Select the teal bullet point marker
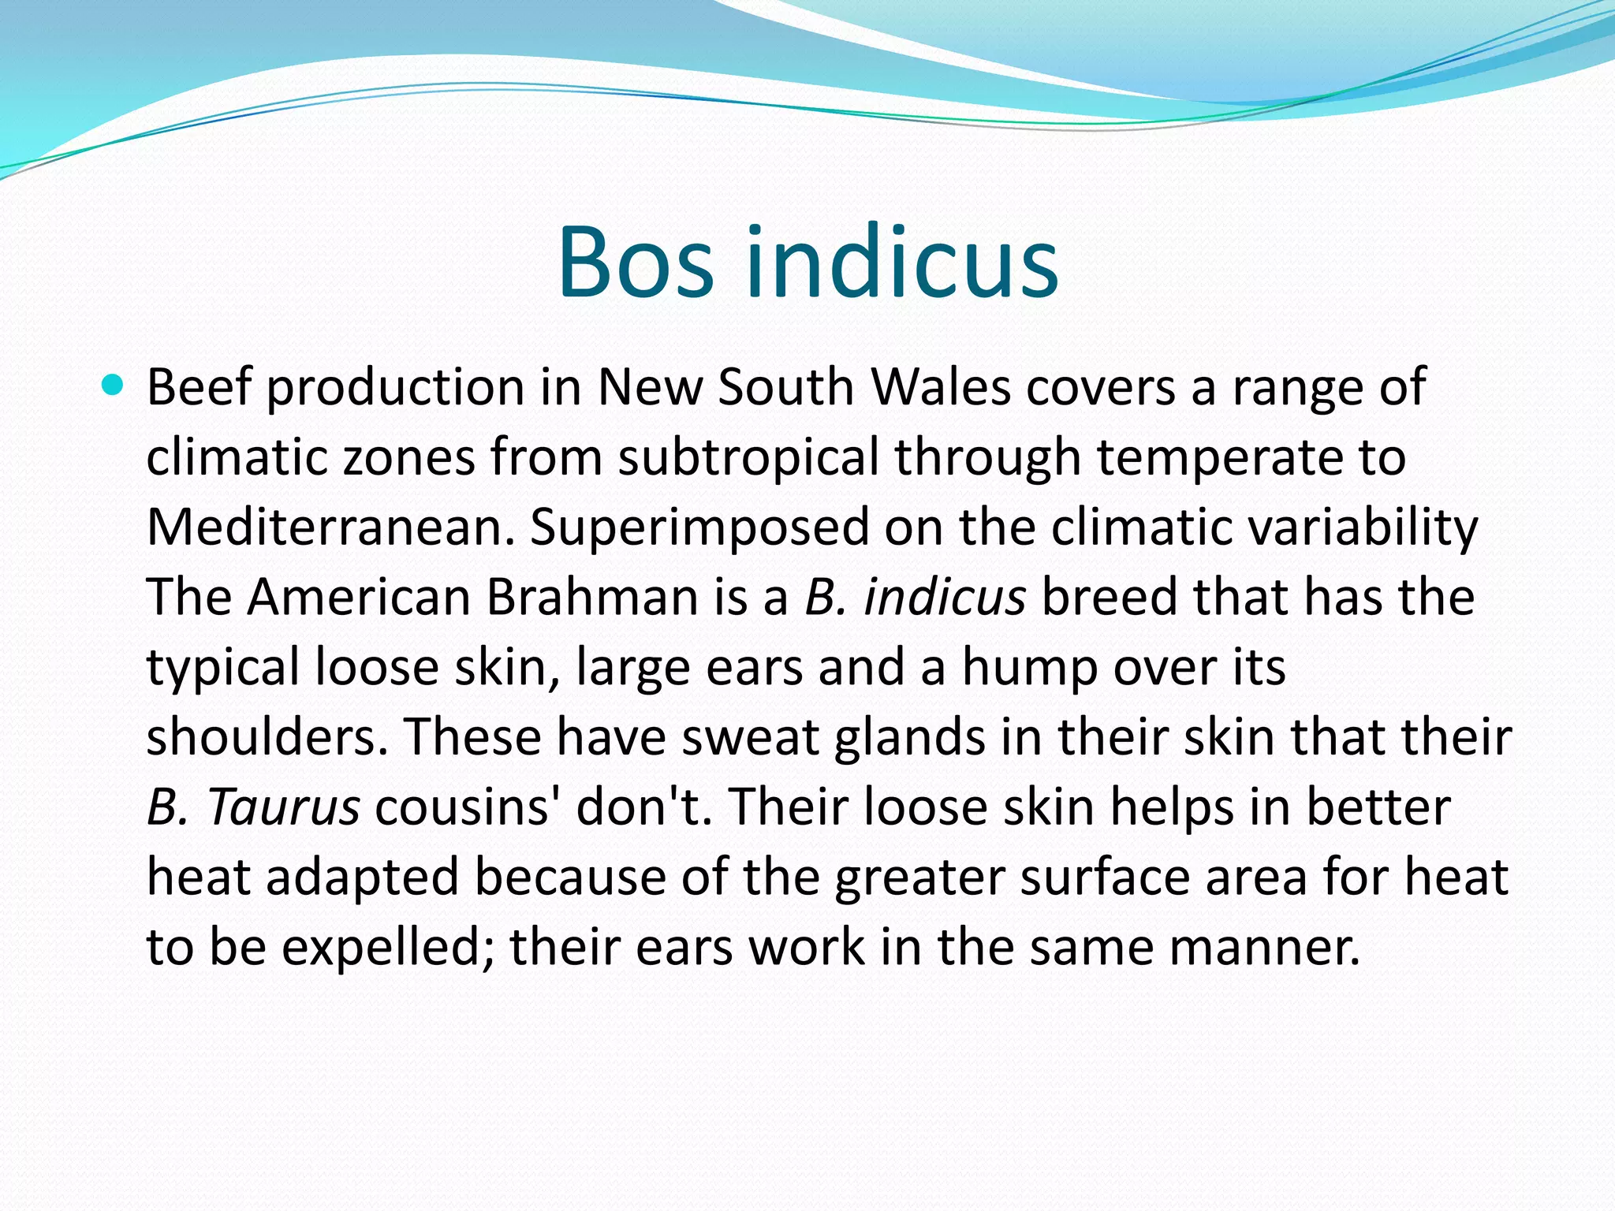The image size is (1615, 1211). [114, 386]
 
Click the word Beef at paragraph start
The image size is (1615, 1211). [199, 387]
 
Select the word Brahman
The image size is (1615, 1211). [591, 597]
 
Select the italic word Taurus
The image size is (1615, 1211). [284, 807]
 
